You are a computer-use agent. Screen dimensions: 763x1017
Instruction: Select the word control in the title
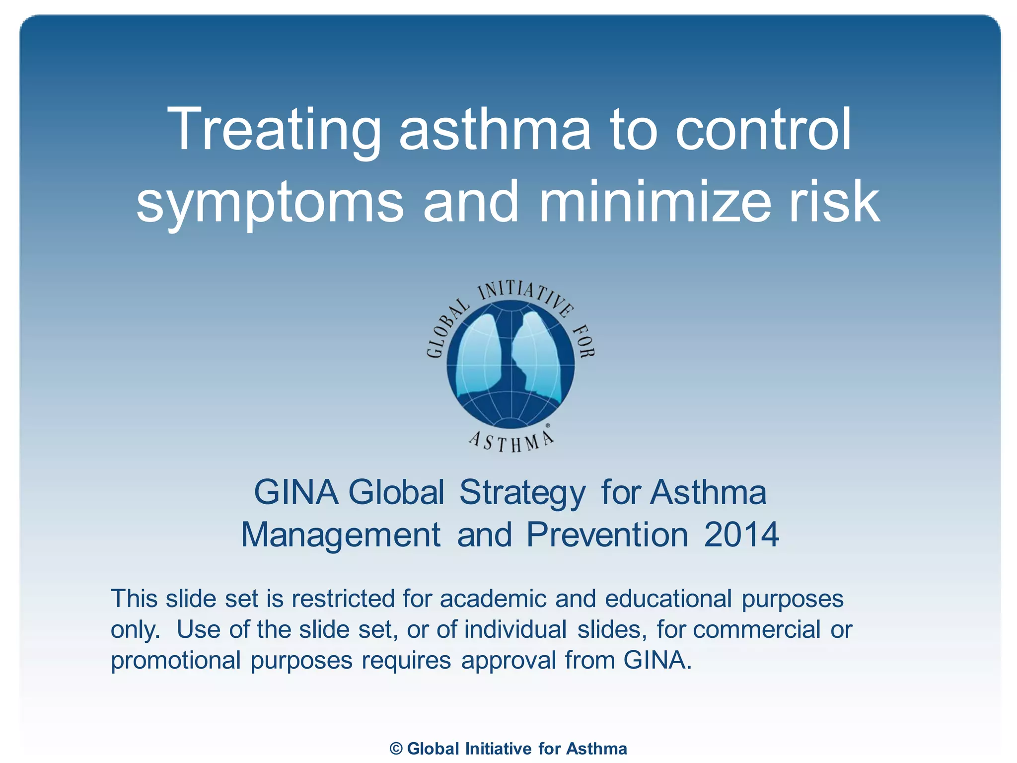pos(763,130)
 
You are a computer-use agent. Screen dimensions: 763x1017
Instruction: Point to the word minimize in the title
pos(654,201)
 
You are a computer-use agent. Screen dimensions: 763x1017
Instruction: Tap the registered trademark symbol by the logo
pos(548,426)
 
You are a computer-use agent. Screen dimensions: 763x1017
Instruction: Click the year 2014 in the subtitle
pos(741,535)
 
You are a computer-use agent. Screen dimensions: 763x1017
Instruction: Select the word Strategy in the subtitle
pos(522,493)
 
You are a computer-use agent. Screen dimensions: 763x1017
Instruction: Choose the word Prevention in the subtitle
pos(607,535)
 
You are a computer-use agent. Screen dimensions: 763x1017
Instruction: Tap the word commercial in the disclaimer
pos(756,629)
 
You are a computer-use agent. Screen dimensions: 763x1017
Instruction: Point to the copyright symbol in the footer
pos(396,749)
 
